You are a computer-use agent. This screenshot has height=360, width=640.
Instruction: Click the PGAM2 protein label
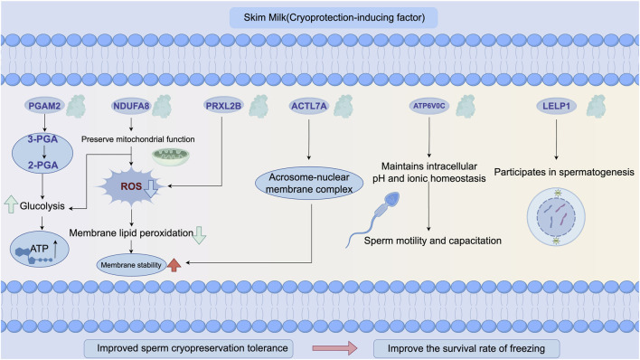(44, 106)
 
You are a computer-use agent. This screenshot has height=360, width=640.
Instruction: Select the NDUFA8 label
(131, 106)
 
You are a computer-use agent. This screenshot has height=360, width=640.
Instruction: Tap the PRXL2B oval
(223, 106)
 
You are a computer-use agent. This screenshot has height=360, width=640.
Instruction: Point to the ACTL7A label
(309, 106)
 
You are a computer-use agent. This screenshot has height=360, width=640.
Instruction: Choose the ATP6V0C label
(429, 106)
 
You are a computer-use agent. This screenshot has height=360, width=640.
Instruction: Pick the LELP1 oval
(556, 106)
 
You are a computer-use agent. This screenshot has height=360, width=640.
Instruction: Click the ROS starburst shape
(132, 186)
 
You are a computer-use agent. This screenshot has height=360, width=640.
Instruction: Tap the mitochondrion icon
(171, 156)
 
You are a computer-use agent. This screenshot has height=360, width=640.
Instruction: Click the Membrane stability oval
(131, 265)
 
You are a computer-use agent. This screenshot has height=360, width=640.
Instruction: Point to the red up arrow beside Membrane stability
(174, 265)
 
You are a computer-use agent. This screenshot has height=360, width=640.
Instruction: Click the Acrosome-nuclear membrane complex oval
(309, 184)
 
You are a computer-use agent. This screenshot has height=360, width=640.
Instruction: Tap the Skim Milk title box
(334, 18)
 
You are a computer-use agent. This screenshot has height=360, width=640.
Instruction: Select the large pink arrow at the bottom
(334, 348)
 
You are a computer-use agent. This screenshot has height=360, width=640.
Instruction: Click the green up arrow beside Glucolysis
(11, 204)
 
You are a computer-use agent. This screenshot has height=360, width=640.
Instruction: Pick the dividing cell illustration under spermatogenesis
(556, 216)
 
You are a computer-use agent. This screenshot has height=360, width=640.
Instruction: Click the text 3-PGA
(42, 139)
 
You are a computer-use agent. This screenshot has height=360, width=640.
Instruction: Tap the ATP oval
(39, 249)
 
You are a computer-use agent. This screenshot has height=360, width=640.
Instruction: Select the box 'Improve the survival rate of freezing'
(466, 348)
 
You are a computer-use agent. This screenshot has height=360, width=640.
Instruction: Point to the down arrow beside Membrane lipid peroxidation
(199, 235)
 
